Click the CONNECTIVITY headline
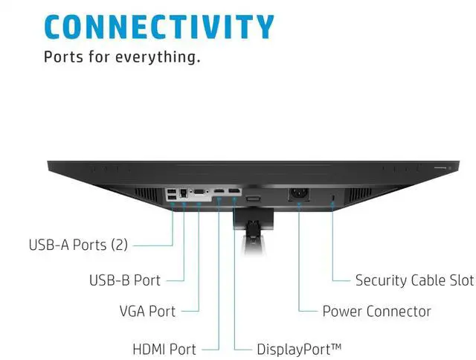[x=159, y=27]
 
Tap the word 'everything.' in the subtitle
[x=165, y=57]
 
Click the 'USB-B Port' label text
[x=125, y=280]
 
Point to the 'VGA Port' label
[x=147, y=310]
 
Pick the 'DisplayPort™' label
[x=299, y=349]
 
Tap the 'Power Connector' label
[x=376, y=310]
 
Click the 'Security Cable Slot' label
[x=414, y=280]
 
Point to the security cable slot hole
[x=332, y=196]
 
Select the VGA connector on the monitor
[x=199, y=193]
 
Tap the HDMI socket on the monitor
[x=219, y=193]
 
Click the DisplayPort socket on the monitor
[x=234, y=193]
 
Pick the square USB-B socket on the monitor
[x=184, y=193]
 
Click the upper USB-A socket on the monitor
[x=173, y=190]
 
